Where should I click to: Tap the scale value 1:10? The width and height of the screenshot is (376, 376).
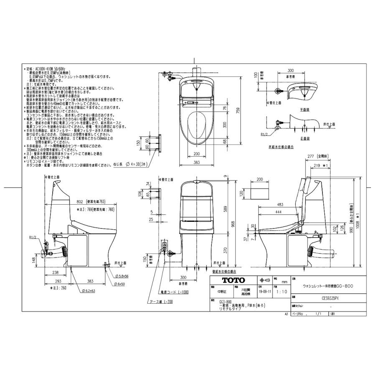pyautogui.click(x=282, y=292)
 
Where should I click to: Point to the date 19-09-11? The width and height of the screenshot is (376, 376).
pyautogui.click(x=265, y=292)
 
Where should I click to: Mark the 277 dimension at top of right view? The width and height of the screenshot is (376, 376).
pyautogui.click(x=310, y=156)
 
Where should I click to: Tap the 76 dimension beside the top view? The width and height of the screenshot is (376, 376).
pyautogui.click(x=226, y=108)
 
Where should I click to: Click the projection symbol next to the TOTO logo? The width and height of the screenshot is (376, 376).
pyautogui.click(x=264, y=280)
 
